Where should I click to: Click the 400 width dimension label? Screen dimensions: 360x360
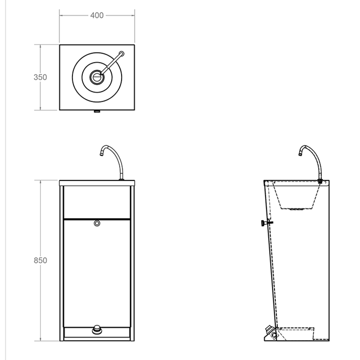pos(97,15)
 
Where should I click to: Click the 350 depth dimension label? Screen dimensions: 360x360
pos(40,77)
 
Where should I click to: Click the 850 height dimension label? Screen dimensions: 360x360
pos(40,261)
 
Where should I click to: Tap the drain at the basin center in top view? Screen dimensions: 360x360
pos(97,77)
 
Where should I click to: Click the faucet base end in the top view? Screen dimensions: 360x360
pos(121,54)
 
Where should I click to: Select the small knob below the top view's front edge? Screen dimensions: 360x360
pos(97,112)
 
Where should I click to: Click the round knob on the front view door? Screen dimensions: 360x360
pos(97,223)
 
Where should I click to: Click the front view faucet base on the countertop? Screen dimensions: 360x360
pos(121,179)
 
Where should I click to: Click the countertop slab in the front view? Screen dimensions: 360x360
pos(97,183)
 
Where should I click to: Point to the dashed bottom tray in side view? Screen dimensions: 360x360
pos(297,333)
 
